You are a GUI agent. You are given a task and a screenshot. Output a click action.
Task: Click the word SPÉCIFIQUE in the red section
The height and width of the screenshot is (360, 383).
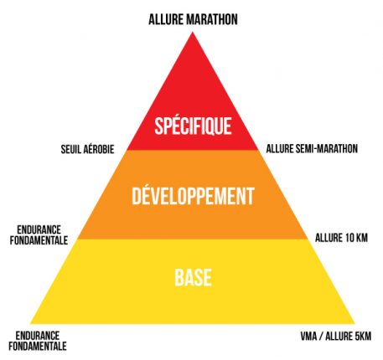(193, 126)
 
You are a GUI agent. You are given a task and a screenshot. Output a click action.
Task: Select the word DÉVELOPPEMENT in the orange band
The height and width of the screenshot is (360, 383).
(193, 196)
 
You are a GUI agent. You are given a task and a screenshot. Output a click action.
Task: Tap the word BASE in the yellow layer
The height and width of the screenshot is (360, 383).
(193, 277)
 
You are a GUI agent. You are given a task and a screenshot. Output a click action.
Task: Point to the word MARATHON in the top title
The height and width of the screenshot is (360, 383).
(212, 19)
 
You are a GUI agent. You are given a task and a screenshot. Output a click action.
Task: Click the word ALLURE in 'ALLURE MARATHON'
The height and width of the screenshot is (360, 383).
(166, 19)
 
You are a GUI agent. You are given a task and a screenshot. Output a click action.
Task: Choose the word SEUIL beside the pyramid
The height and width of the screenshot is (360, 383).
(70, 149)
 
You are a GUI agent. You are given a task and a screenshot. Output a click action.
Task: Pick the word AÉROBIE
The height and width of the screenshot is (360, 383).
(98, 149)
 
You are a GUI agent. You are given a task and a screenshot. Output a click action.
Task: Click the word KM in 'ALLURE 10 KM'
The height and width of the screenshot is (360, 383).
(361, 238)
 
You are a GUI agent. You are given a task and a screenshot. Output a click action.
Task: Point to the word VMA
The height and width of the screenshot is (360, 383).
(308, 336)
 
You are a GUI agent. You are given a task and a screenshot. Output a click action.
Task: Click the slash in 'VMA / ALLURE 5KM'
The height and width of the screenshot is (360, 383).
(321, 336)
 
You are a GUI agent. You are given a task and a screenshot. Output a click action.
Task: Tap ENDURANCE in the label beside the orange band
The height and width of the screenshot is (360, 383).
(39, 230)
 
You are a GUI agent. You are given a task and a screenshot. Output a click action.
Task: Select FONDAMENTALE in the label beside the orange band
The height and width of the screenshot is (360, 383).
(39, 240)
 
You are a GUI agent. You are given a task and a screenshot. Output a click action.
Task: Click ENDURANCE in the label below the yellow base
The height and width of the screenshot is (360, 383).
(38, 336)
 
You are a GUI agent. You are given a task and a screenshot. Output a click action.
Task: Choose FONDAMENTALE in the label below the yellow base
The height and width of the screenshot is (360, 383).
(38, 346)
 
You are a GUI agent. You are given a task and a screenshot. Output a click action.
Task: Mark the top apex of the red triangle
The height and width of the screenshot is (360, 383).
(192, 33)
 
